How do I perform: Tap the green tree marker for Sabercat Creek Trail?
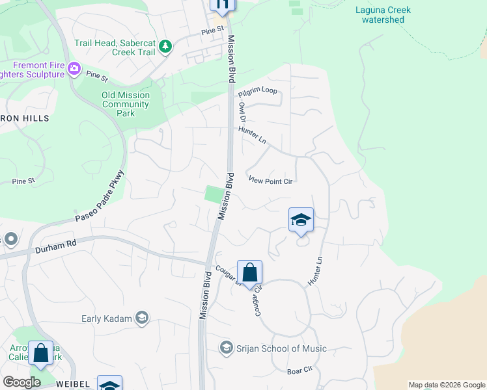166,46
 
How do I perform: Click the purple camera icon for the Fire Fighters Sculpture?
74,68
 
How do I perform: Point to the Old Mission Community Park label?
126,104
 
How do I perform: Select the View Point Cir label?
270,181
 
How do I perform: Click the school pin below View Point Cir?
301,220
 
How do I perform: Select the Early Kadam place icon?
143,318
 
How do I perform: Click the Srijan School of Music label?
282,348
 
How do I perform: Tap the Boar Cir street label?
300,370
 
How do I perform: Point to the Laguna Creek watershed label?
380,14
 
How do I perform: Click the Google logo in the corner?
22,382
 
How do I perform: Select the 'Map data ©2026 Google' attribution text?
446,385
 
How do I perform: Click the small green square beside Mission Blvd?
213,194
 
